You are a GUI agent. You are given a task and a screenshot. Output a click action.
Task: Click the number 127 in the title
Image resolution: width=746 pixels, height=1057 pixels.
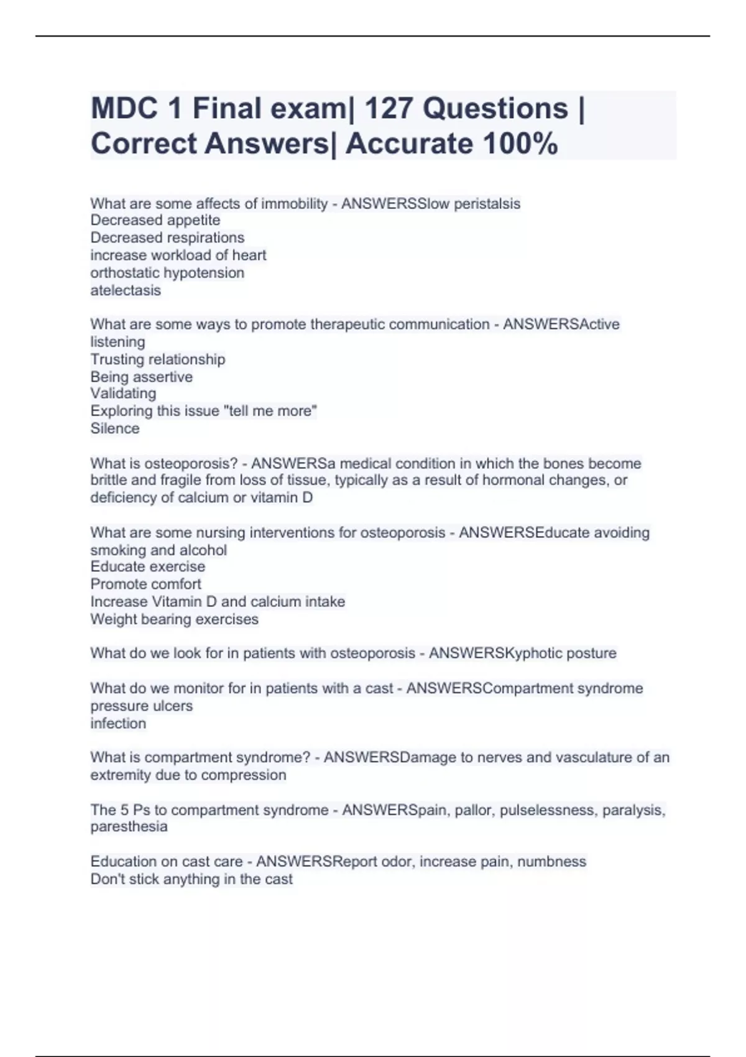coord(388,109)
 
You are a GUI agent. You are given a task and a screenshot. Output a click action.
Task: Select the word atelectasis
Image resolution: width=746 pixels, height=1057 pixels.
coord(126,290)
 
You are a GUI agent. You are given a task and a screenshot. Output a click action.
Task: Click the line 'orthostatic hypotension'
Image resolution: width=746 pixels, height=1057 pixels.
coord(167,273)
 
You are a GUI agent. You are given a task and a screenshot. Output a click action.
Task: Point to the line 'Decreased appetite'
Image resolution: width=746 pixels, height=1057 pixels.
coord(155,220)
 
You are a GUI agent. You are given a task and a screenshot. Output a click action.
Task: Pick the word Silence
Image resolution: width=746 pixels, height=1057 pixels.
coord(115,428)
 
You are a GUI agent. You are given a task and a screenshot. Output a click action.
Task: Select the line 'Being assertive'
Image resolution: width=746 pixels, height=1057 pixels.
coord(142,377)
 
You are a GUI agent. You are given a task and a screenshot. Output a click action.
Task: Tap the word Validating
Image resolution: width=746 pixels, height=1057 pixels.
coord(123,394)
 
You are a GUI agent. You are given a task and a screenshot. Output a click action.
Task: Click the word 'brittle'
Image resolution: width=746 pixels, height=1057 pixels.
coord(109,480)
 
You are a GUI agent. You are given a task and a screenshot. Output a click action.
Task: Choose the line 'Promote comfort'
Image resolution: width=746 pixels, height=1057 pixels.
coord(146,584)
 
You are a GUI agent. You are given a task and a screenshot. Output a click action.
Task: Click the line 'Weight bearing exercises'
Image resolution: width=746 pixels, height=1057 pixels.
coord(175,619)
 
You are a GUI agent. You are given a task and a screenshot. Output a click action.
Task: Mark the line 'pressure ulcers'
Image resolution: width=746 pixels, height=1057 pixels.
coord(142,706)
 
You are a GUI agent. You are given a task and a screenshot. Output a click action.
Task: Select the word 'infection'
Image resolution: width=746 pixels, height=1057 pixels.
coord(118,723)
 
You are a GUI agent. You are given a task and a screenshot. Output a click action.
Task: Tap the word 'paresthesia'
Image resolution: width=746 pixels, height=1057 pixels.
coord(129,826)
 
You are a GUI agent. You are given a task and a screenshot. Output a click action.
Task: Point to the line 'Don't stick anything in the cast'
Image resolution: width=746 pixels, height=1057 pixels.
coord(191,879)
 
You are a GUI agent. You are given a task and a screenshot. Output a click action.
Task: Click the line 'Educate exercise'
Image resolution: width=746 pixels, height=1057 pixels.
coord(148,566)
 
